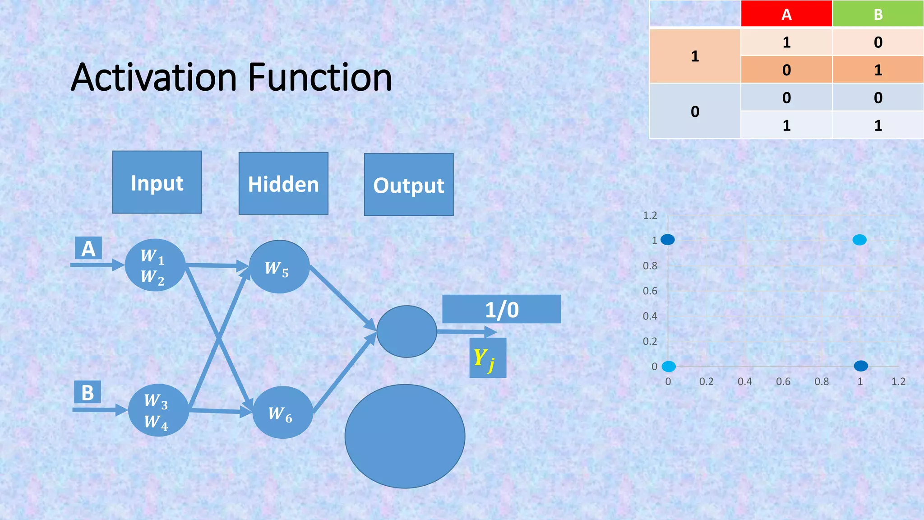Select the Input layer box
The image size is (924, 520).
tap(157, 182)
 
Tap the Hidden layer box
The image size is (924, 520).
tap(283, 184)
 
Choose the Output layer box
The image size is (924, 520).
tap(409, 185)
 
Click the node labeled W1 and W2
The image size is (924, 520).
tap(155, 265)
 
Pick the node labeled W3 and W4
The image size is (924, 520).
tap(158, 410)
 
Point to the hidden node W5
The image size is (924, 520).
tap(279, 267)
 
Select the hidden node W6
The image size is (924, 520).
tap(282, 413)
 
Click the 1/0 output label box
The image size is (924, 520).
tap(501, 309)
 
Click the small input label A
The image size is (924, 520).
tap(88, 248)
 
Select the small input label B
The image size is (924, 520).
tap(88, 392)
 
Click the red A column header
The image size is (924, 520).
tap(786, 14)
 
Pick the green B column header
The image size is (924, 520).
tap(878, 14)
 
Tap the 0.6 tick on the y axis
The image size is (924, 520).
tap(650, 291)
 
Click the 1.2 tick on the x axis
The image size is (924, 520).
tap(898, 381)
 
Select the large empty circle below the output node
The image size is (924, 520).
tap(405, 436)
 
